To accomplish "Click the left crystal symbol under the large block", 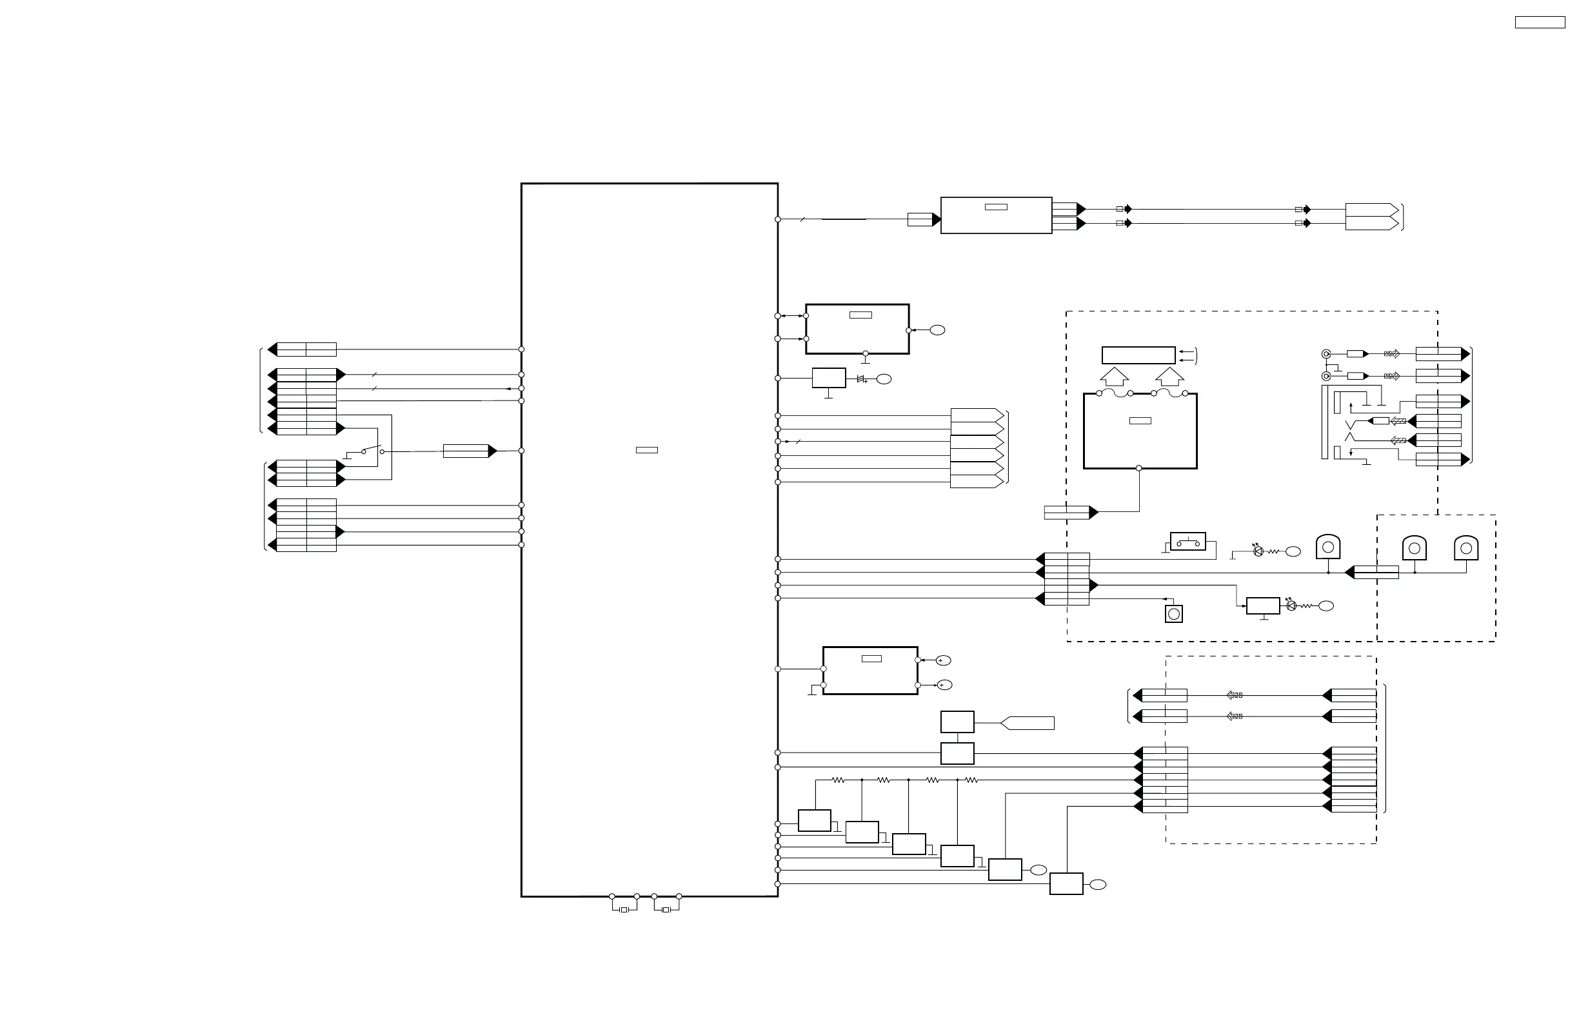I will coord(624,910).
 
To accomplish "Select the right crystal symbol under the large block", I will coord(666,910).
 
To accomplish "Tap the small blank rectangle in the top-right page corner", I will coord(1540,23).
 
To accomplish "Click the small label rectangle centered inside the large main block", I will coord(647,450).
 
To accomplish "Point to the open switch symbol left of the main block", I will coord(372,450).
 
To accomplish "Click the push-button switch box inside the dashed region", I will coord(1187,541).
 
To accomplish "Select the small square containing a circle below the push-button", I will coord(1174,614).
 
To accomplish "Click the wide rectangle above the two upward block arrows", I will coord(1138,355).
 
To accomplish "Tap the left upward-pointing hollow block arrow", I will coord(1115,377).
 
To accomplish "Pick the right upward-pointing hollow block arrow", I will coord(1169,377).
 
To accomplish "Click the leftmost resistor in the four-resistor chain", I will coord(839,781).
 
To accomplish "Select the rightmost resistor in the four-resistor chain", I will coord(972,781).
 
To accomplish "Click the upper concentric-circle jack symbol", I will coord(1326,354).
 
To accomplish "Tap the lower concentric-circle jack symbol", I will coord(1326,376).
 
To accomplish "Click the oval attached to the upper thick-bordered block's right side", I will coord(937,330).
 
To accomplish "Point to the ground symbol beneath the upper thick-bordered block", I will coord(865,362).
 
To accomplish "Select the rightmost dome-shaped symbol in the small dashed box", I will coord(1466,549).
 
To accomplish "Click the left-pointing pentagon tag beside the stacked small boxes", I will coord(1027,723).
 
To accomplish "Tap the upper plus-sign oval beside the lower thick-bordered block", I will coord(944,660).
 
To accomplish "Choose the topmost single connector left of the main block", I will coord(306,350).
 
